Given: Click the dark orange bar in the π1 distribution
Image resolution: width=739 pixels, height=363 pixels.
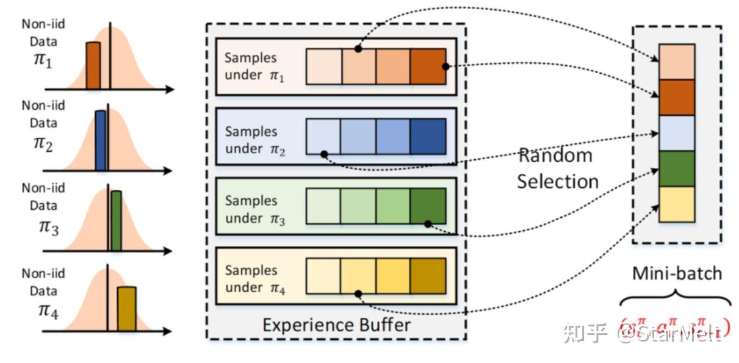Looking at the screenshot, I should tap(93, 65).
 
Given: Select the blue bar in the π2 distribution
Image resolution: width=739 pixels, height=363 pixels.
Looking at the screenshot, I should tap(101, 140).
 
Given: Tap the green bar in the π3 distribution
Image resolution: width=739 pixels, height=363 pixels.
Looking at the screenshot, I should tap(116, 221).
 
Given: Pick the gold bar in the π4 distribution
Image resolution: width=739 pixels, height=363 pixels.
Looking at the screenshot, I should tap(126, 309).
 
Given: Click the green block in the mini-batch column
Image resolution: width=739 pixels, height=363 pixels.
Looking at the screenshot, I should tap(677, 168).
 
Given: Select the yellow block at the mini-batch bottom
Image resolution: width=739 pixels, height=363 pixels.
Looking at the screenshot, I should tap(677, 204).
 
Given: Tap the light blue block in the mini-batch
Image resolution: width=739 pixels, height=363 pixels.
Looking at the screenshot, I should tap(677, 133).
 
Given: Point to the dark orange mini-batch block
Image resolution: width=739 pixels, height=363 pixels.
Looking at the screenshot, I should tap(677, 97).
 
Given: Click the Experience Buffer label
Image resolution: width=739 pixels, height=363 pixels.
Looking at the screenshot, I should tap(336, 325).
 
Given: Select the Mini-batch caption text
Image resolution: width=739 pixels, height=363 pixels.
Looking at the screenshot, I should tap(677, 273).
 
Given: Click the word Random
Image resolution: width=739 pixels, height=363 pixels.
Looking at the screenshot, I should tap(555, 156).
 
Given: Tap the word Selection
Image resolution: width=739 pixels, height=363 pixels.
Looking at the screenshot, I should tap(558, 181).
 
